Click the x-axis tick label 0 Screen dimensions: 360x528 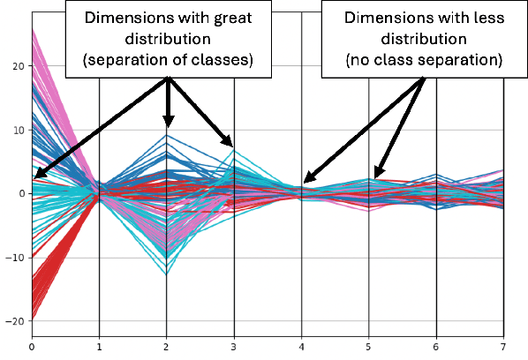click(x=32, y=347)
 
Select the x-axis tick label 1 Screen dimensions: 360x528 click(x=100, y=347)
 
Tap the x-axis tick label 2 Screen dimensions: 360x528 click(x=167, y=347)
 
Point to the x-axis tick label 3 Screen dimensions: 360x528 click(x=235, y=347)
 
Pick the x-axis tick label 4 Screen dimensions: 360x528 click(x=302, y=347)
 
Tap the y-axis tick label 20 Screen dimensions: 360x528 click(x=14, y=66)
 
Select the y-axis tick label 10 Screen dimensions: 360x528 click(x=14, y=131)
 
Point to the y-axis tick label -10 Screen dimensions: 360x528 click(x=12, y=259)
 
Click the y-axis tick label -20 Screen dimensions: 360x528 click(x=12, y=322)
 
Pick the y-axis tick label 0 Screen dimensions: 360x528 click(x=18, y=194)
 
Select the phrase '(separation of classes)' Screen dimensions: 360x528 click(x=166, y=61)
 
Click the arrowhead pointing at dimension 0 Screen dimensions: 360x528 click(x=37, y=176)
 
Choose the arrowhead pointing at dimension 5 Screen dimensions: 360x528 click(x=376, y=174)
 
